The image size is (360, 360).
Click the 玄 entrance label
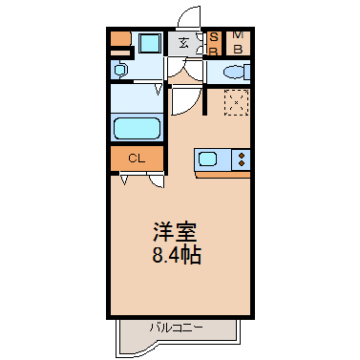(183, 43)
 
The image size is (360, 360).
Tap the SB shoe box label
(214, 44)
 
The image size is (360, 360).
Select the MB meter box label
(238, 42)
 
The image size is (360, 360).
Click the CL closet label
(137, 159)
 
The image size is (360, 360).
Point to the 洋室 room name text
(175, 232)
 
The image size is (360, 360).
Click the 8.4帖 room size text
(177, 255)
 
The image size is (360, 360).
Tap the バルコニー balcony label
(176, 328)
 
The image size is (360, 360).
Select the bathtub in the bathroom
(137, 128)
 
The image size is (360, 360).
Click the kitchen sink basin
(208, 159)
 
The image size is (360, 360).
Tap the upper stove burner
(242, 156)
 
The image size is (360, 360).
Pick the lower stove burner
(242, 163)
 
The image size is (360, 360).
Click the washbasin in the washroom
(119, 70)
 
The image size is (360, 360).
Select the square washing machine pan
(150, 43)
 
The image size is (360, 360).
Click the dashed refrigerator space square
(236, 102)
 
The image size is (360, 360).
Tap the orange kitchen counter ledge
(222, 175)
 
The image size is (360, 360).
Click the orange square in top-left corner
(120, 38)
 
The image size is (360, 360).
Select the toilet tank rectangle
(246, 72)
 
